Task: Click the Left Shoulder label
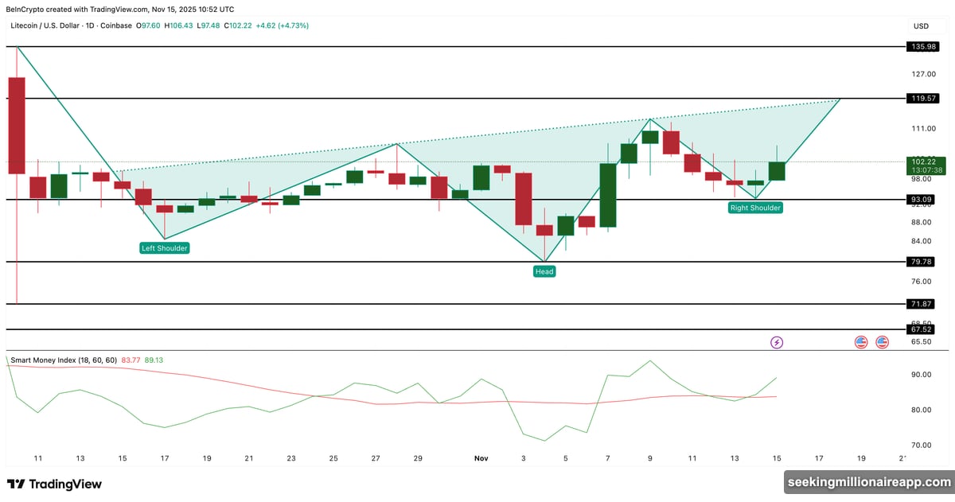pos(165,248)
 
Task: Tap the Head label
pos(544,271)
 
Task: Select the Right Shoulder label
pos(755,208)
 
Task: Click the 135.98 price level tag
pos(922,47)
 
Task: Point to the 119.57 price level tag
pos(922,99)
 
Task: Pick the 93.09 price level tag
pos(922,199)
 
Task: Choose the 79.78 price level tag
pos(922,262)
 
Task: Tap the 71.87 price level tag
pos(922,304)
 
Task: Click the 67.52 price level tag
pos(922,329)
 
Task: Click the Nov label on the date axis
pos(481,458)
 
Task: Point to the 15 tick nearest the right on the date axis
pos(776,458)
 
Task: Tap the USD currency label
pos(921,26)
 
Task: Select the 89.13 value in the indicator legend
pos(154,360)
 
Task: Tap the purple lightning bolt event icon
pos(777,342)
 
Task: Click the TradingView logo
pos(54,484)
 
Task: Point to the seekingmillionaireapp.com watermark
pos(868,482)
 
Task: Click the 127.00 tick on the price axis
pos(923,74)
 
